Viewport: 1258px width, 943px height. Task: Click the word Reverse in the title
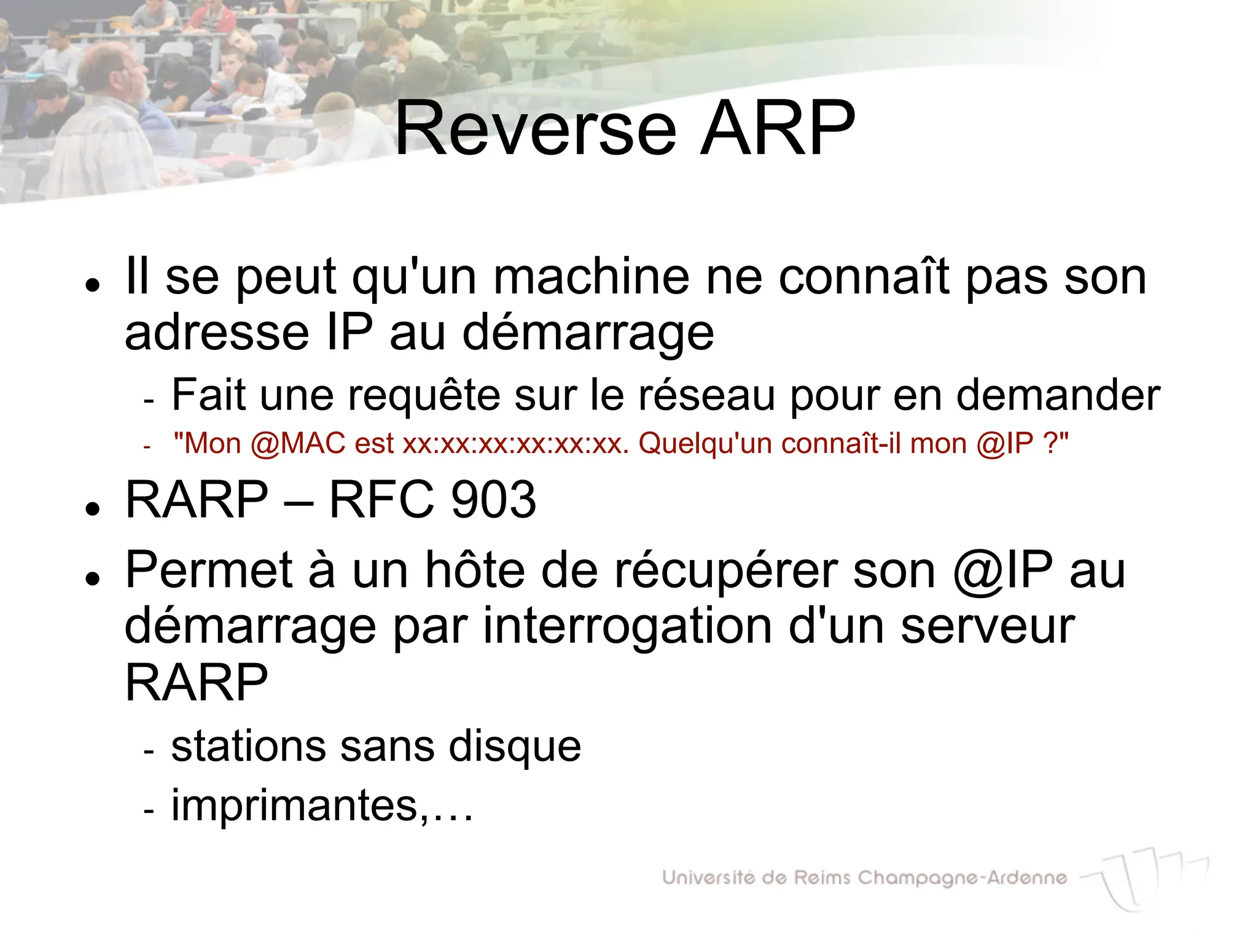point(535,130)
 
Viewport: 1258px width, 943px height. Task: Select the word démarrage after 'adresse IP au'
point(588,333)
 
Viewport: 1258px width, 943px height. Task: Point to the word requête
point(424,395)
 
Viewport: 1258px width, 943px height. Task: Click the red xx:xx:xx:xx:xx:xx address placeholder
point(515,443)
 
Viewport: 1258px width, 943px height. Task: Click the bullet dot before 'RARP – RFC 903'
point(93,508)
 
